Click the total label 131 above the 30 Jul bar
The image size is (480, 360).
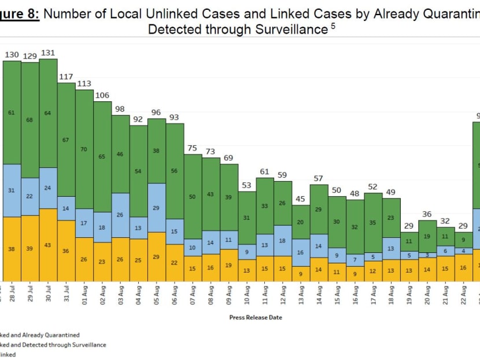click(x=48, y=53)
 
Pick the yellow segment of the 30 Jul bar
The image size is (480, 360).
click(x=48, y=245)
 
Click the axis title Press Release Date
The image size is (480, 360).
click(x=256, y=317)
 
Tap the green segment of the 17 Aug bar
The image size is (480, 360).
click(x=374, y=222)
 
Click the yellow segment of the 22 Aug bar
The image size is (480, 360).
click(x=464, y=268)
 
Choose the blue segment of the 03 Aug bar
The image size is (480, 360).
click(x=120, y=215)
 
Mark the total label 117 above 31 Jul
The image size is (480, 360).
click(x=67, y=76)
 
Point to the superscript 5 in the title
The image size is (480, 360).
click(x=333, y=25)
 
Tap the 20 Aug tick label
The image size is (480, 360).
click(x=428, y=295)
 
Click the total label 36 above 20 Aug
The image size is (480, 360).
click(x=427, y=214)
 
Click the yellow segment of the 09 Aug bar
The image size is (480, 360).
click(x=229, y=265)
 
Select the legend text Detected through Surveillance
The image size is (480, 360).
click(x=58, y=345)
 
